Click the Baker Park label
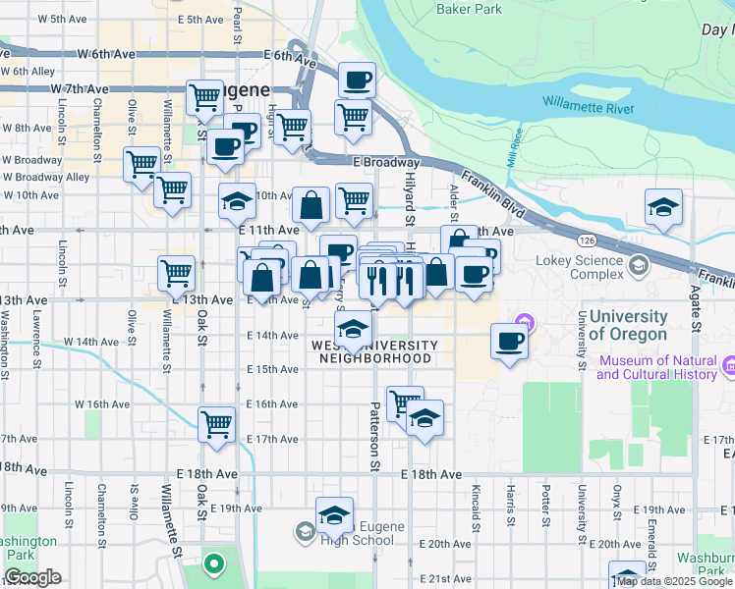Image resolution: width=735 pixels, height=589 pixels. (x=469, y=10)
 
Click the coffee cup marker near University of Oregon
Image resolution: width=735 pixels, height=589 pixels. (x=509, y=342)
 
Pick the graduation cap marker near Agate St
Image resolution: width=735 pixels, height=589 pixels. (x=664, y=208)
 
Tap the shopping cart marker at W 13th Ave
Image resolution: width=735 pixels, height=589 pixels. (x=176, y=272)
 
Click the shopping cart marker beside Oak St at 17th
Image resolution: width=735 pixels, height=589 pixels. (x=216, y=425)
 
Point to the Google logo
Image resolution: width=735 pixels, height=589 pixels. (x=31, y=577)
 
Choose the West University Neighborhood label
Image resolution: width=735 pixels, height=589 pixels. (x=374, y=351)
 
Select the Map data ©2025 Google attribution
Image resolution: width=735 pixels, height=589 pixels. (x=674, y=581)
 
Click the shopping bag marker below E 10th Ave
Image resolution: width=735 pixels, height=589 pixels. (x=311, y=207)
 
